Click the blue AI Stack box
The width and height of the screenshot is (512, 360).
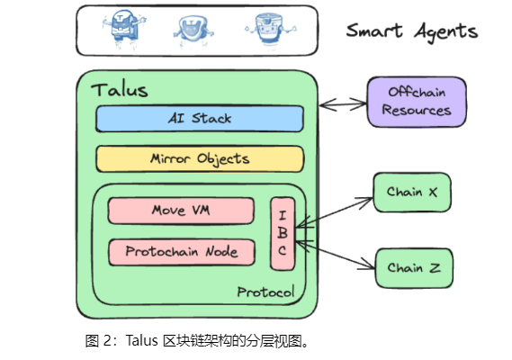pyautogui.click(x=200, y=119)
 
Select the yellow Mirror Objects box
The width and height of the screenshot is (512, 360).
pyautogui.click(x=200, y=159)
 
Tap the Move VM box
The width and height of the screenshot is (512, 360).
pyautogui.click(x=181, y=211)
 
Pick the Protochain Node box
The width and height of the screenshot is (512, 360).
pyautogui.click(x=182, y=252)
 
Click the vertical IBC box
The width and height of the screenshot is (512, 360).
pyautogui.click(x=283, y=233)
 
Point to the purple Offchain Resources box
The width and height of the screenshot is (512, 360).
pyautogui.click(x=417, y=102)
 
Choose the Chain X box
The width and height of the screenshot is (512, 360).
pyautogui.click(x=412, y=192)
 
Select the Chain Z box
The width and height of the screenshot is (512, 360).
pyautogui.click(x=414, y=268)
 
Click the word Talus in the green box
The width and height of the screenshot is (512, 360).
pyautogui.click(x=120, y=90)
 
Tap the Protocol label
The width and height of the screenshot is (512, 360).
pyautogui.click(x=265, y=292)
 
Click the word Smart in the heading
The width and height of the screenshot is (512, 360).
pyautogui.click(x=374, y=31)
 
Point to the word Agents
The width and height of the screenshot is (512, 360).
pyautogui.click(x=446, y=32)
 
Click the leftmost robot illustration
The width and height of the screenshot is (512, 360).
pyautogui.click(x=124, y=29)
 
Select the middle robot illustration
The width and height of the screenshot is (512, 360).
pyautogui.click(x=193, y=31)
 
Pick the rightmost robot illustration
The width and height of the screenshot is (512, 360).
pyautogui.click(x=271, y=29)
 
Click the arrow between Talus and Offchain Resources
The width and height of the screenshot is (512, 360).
pyautogui.click(x=343, y=104)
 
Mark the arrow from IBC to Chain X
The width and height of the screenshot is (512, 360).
pyautogui.click(x=334, y=212)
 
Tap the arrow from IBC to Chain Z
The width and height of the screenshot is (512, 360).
pyautogui.click(x=335, y=256)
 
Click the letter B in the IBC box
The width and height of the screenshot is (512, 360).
pyautogui.click(x=283, y=232)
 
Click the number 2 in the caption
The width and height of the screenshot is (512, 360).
pyautogui.click(x=107, y=341)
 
